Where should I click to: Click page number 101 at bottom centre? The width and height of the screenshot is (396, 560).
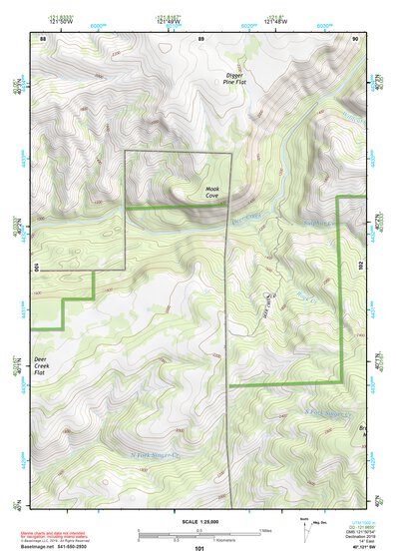coord(199,548)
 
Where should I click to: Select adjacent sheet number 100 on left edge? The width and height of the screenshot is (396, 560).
coord(35,268)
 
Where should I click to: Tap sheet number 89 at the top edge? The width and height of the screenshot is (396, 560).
coord(200,37)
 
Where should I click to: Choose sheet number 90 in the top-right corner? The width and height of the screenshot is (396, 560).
coord(355,37)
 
